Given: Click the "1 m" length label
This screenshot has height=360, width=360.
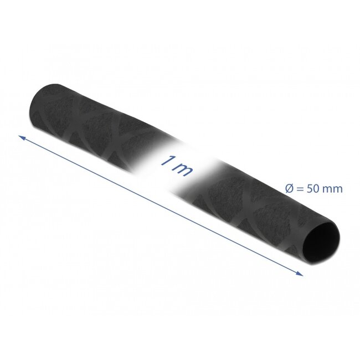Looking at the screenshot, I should pyautogui.click(x=176, y=166).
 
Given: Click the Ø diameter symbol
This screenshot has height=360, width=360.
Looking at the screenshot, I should pyautogui.click(x=289, y=188).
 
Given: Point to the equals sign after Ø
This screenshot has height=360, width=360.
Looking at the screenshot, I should pyautogui.click(x=299, y=189).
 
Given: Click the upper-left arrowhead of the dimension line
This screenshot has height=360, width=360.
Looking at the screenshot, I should pyautogui.click(x=22, y=137).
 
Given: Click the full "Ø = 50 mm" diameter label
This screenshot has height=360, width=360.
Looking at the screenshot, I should pyautogui.click(x=313, y=189).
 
